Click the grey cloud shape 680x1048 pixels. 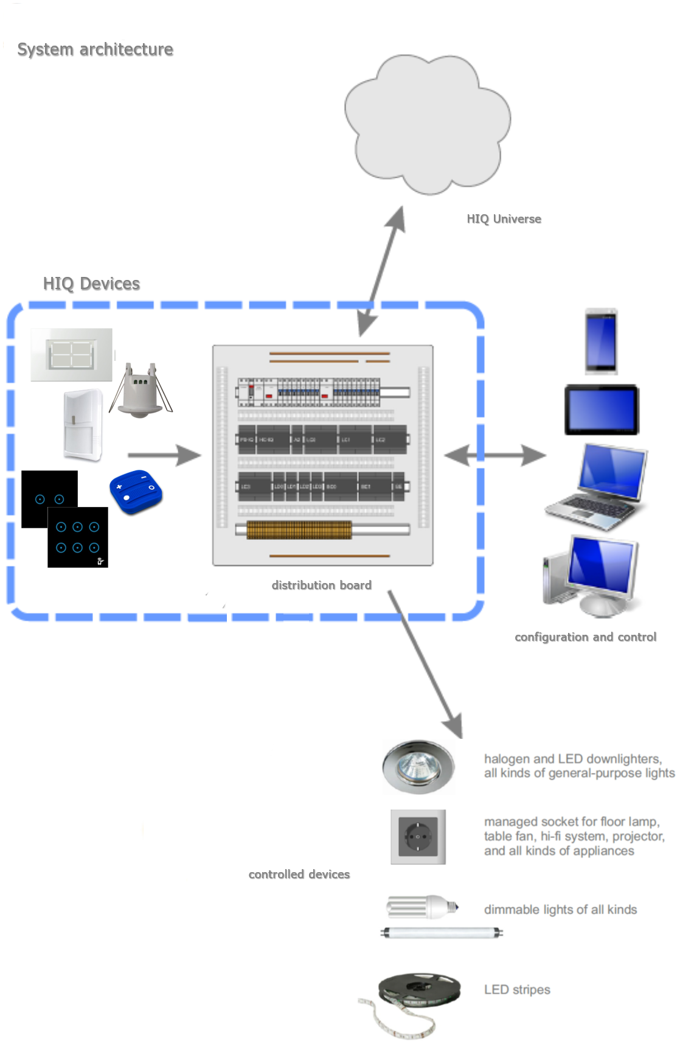click(427, 125)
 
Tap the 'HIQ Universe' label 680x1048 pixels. click(504, 219)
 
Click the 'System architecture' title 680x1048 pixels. click(95, 49)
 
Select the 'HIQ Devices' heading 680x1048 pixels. click(91, 284)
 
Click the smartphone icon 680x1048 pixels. click(601, 341)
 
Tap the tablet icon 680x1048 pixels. click(602, 410)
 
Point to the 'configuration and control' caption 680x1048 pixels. click(585, 637)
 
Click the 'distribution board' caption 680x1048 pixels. click(321, 585)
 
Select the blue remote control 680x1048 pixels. click(136, 492)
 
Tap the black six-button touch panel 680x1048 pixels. click(78, 537)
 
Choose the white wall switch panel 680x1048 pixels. click(72, 354)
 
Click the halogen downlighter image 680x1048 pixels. click(418, 767)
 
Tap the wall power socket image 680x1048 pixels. click(418, 837)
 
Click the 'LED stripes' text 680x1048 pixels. click(517, 990)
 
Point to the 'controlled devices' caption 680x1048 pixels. click(299, 875)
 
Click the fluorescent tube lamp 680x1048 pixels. click(442, 932)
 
